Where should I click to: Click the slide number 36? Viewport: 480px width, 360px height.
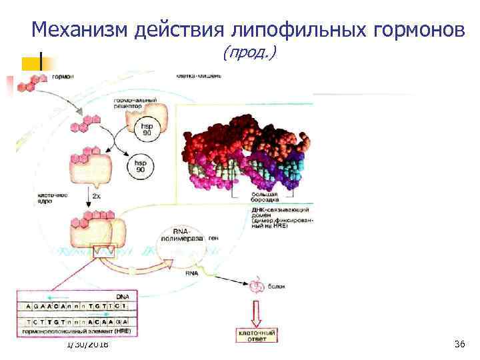459,344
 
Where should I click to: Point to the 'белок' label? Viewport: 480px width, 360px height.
277,286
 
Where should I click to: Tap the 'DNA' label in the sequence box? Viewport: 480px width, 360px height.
123,295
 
